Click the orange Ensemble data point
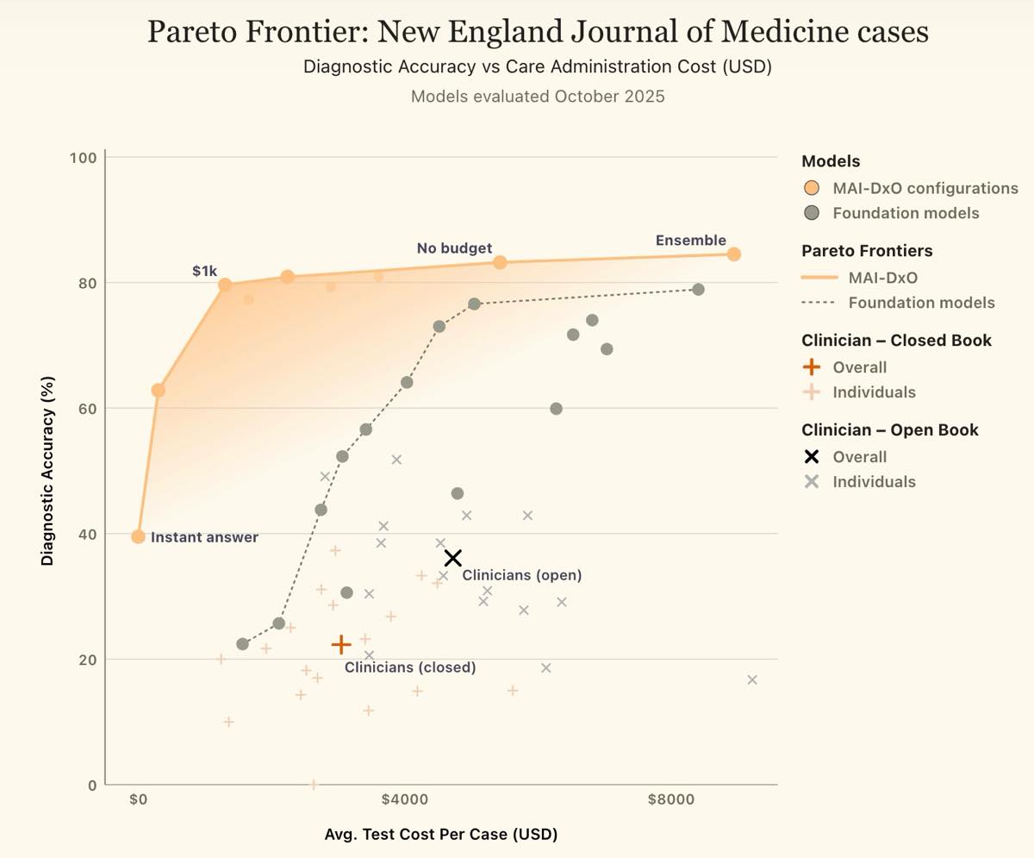click(733, 254)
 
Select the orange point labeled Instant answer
click(138, 536)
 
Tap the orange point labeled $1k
click(225, 285)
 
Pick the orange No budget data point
click(500, 262)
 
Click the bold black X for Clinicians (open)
click(452, 558)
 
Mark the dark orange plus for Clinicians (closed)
click(340, 644)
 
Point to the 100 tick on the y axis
click(83, 158)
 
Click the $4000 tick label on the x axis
click(404, 799)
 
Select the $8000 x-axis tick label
click(671, 799)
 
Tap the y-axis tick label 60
click(88, 409)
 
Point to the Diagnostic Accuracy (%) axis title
click(47, 471)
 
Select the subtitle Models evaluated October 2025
click(538, 97)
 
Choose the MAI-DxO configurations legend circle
click(811, 188)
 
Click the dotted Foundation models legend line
click(819, 303)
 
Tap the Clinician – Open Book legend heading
click(890, 429)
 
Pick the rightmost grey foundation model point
click(698, 290)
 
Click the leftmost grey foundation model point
click(242, 644)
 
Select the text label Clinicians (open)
click(522, 575)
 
